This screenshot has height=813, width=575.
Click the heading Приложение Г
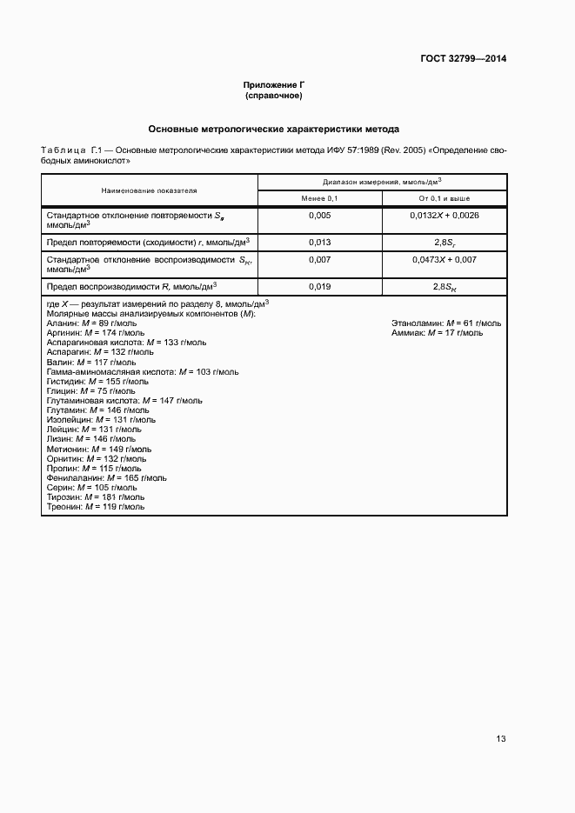[x=273, y=85]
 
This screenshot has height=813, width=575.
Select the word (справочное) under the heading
[x=273, y=95]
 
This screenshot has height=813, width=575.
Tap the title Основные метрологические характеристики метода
[x=273, y=129]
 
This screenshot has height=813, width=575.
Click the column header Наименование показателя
[x=149, y=190]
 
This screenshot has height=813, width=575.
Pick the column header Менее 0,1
[x=319, y=199]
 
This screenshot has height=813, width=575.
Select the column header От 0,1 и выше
[x=444, y=199]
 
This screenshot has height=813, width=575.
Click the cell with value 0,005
[x=319, y=215]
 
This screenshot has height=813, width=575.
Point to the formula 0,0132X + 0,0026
[x=444, y=215]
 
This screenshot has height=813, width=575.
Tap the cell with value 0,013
[x=319, y=242]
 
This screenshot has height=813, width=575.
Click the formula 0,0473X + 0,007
[x=444, y=259]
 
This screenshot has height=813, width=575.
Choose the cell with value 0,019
[x=319, y=285]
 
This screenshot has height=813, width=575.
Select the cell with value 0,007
[x=319, y=259]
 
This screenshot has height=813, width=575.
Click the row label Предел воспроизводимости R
[x=130, y=285]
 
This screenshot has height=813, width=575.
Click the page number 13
[x=501, y=739]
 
